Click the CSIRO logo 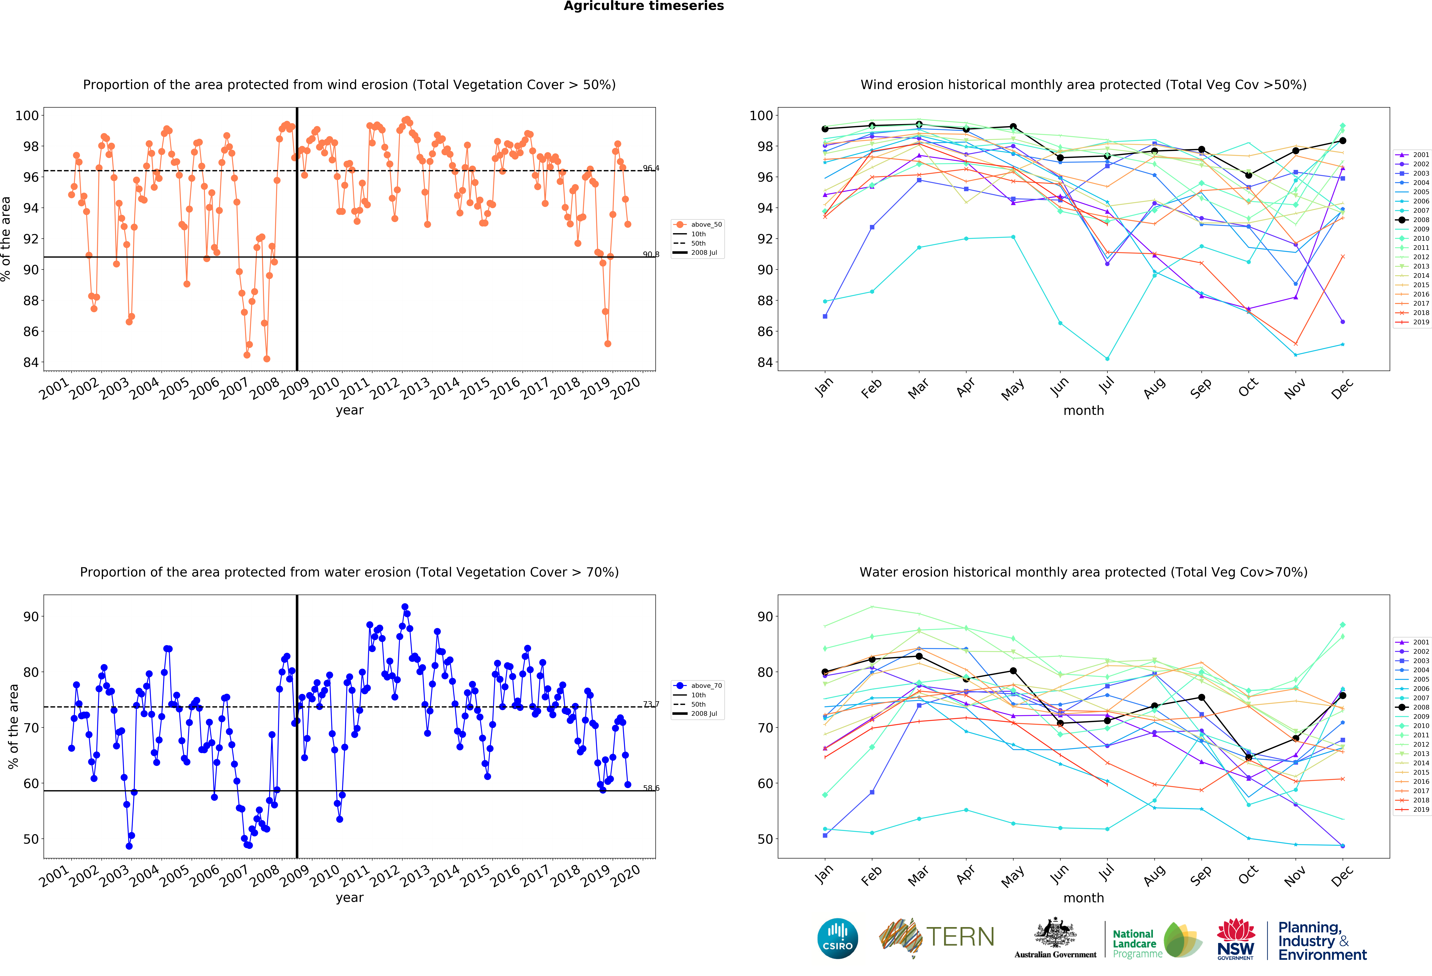coord(837,938)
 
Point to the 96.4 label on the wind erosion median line coord(651,168)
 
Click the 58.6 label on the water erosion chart coord(651,788)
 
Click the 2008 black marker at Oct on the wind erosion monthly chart coord(1248,175)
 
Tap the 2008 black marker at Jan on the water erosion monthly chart coord(825,672)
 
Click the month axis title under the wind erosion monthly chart coord(1083,410)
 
